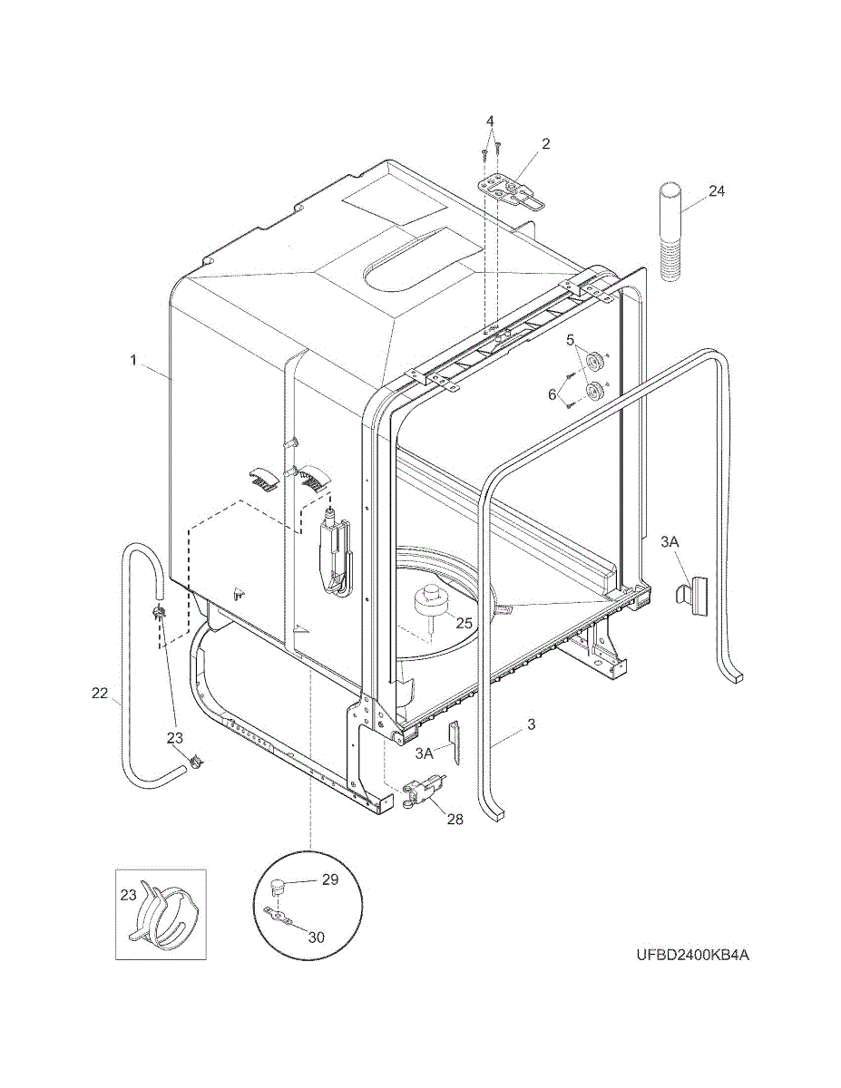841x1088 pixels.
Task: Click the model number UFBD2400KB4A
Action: (x=692, y=956)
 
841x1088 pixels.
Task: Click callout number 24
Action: (x=717, y=191)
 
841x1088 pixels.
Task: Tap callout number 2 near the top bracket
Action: (x=546, y=143)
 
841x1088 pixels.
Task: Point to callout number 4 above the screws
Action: (x=490, y=121)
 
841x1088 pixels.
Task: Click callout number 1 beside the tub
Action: (x=133, y=360)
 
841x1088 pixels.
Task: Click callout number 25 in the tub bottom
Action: (x=464, y=624)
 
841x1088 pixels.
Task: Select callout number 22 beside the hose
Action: (x=100, y=694)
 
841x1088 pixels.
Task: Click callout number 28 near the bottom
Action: (x=455, y=819)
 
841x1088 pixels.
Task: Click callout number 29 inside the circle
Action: (x=329, y=880)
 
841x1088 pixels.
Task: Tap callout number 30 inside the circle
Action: (x=316, y=937)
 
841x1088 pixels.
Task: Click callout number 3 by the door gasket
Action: (x=532, y=724)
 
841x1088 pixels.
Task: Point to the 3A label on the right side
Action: (x=670, y=541)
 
